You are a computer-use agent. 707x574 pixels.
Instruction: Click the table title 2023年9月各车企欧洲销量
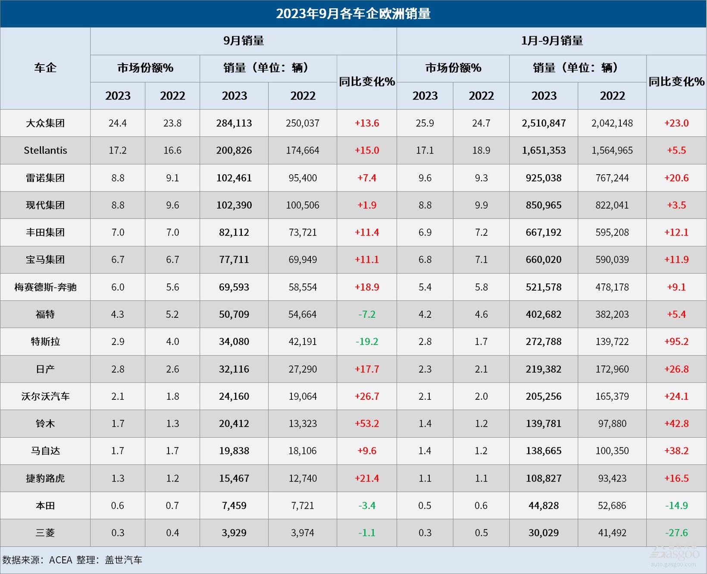(x=353, y=14)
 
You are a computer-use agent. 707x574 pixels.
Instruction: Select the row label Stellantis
(x=45, y=151)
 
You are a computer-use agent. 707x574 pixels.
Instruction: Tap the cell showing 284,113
(x=234, y=123)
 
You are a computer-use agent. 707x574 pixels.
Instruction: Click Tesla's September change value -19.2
(x=367, y=342)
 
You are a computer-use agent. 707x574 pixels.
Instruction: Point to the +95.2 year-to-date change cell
(x=676, y=342)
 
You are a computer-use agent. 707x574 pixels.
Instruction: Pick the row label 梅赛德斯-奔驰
(x=45, y=287)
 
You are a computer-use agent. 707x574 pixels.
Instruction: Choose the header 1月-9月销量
(x=551, y=41)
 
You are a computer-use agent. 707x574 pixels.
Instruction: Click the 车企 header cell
(x=45, y=68)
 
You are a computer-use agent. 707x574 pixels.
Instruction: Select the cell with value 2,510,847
(x=544, y=123)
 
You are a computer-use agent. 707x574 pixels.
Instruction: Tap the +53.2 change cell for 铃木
(x=367, y=423)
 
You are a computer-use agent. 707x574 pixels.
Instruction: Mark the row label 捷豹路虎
(x=45, y=478)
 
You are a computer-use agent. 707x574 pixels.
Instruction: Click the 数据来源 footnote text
(x=72, y=560)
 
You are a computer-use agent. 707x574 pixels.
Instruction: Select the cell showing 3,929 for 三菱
(x=234, y=533)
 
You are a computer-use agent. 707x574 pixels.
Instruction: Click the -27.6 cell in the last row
(x=676, y=533)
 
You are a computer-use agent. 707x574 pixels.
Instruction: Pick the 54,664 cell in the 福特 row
(x=303, y=314)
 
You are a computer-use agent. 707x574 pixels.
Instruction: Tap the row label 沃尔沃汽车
(x=45, y=396)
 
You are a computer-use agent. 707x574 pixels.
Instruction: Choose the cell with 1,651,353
(x=544, y=151)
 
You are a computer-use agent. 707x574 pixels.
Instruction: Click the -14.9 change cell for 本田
(x=676, y=505)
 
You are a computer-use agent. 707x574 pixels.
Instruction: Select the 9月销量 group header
(x=244, y=41)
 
